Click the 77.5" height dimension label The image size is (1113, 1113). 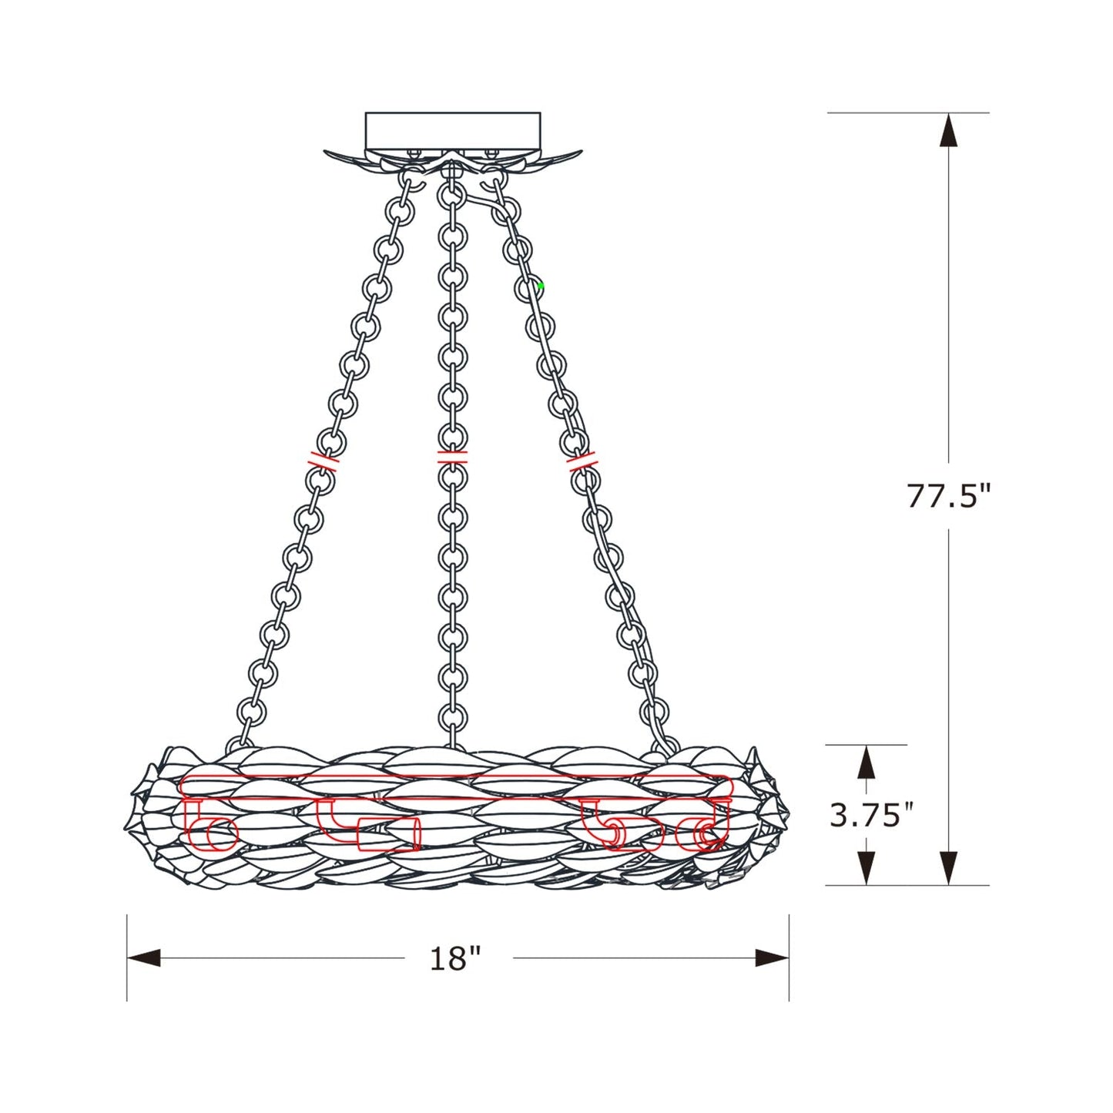(x=946, y=495)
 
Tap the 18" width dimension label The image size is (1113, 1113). (x=455, y=959)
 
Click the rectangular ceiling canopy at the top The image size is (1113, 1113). (x=453, y=130)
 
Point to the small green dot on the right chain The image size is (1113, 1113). (x=541, y=287)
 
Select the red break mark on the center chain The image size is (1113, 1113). (x=452, y=456)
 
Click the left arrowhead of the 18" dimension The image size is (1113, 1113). (x=143, y=958)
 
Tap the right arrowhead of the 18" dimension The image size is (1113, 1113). (x=773, y=958)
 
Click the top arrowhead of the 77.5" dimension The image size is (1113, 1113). (x=948, y=129)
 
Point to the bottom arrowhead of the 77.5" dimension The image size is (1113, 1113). (x=948, y=869)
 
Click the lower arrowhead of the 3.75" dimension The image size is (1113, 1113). (x=867, y=869)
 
